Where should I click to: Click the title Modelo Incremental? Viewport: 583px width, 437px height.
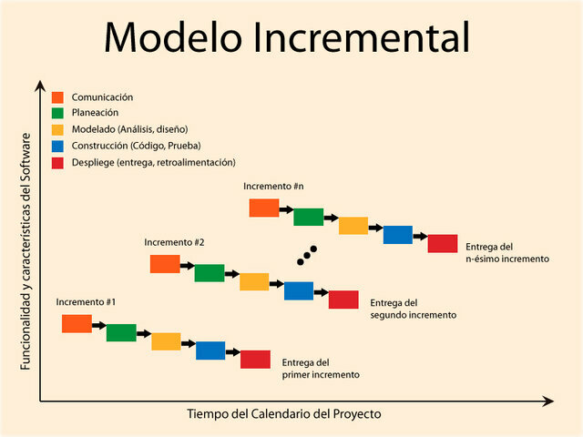coord(287,37)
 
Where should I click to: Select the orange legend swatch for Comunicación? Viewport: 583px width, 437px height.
coord(57,97)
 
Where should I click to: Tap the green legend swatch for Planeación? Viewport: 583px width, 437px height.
coord(57,114)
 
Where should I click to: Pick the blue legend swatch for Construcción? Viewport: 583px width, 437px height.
coord(57,146)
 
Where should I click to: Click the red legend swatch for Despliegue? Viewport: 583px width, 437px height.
coord(57,162)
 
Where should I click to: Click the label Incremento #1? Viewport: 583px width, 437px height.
coord(86,301)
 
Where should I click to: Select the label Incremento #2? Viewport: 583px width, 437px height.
coord(174,243)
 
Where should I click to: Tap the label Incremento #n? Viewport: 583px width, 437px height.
coord(273,187)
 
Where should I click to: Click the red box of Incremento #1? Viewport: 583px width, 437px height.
coord(255,359)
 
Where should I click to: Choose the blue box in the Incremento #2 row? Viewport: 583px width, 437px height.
coord(299,290)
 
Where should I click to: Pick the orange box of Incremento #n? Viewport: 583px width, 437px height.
coord(264,208)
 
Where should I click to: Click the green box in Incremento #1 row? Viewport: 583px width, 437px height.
coord(121,332)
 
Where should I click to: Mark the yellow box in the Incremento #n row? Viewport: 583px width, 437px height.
coord(353,226)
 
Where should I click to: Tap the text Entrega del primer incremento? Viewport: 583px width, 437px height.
coord(321,368)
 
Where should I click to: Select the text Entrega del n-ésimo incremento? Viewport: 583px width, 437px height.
coord(506,252)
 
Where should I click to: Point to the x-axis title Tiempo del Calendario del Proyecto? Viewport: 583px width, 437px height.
coord(284,414)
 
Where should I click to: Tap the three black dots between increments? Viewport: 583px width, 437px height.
coord(307,255)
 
